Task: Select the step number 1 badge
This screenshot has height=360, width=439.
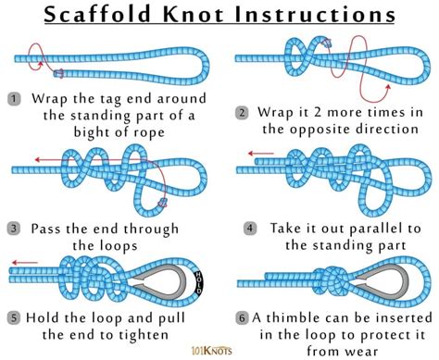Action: point(14,97)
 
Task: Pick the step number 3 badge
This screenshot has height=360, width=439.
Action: point(14,228)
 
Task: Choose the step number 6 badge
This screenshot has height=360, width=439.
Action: point(242,317)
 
